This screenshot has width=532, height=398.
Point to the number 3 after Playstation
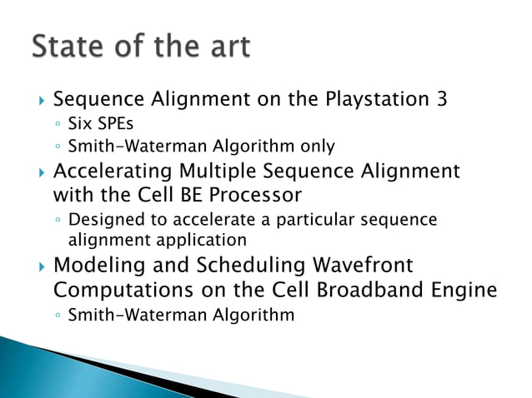coord(441,100)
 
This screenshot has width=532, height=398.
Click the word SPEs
coord(114,125)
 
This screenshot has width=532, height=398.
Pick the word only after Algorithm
coord(317,147)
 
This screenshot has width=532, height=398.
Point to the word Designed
coord(103,221)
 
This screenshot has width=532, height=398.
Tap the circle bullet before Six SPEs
coord(57,126)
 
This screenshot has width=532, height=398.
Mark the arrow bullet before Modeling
coord(34,266)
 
